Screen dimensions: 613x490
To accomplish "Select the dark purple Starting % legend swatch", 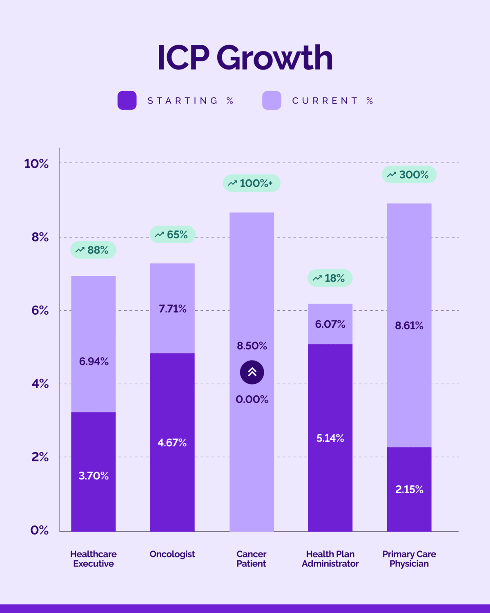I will coord(127,101).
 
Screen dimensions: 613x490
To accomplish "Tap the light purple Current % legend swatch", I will coord(272,101).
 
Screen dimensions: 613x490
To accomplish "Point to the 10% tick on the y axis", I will coord(36,164).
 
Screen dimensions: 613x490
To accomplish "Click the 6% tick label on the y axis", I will coord(40,311).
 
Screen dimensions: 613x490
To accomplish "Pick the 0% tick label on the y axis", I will coord(40,530).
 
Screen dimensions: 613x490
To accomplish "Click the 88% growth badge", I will coord(93,250).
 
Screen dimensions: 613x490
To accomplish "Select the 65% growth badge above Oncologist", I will coord(172,235).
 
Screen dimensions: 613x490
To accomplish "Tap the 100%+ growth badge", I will coord(251,183).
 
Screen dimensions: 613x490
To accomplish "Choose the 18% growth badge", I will coord(330,278).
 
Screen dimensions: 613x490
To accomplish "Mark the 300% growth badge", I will coord(409,175).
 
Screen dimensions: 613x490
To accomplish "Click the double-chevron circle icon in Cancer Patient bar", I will coord(252,372).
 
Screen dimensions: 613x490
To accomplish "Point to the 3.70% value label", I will coord(94,476).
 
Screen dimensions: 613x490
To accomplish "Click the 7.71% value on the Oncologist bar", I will coord(172,309).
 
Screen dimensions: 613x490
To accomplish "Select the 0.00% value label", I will coord(252,399).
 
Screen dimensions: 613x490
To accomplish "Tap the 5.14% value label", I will coord(330,438).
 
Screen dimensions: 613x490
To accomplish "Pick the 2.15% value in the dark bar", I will coord(409,489).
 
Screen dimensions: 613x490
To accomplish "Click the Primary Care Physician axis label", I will coord(409,559).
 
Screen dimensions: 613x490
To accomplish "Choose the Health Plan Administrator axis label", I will coord(330,559).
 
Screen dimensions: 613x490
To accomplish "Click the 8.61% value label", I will coord(409,325).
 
